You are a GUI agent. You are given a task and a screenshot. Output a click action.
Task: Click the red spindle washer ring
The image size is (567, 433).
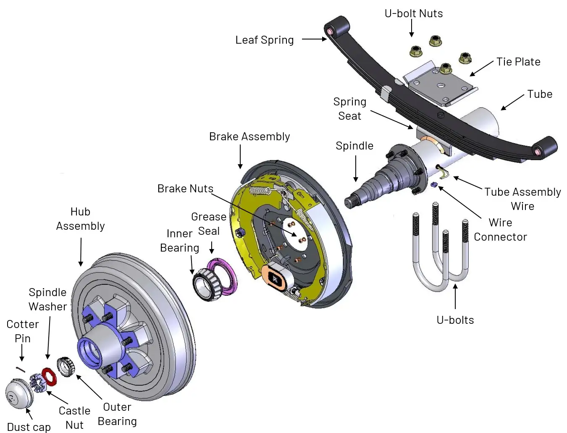click(50, 376)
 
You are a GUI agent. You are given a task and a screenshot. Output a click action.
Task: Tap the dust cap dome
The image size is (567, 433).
click(18, 394)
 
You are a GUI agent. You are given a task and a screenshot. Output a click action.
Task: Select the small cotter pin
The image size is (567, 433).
click(21, 369)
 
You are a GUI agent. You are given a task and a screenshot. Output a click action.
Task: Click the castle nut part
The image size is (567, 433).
click(37, 383)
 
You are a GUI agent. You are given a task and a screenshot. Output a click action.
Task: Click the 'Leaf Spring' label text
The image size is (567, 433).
click(264, 40)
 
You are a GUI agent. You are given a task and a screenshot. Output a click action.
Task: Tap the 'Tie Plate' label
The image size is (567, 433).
click(518, 62)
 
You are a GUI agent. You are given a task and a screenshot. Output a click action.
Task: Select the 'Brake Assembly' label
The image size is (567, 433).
click(249, 136)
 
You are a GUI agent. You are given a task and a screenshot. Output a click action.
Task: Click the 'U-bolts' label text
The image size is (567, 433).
click(455, 320)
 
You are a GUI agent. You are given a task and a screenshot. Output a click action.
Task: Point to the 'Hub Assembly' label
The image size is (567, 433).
click(80, 219)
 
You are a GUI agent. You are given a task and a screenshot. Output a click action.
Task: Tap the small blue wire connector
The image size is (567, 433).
click(434, 185)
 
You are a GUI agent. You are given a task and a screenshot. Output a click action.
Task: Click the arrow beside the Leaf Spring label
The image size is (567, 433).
click(314, 39)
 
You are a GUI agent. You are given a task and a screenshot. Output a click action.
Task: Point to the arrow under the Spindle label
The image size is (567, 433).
click(356, 168)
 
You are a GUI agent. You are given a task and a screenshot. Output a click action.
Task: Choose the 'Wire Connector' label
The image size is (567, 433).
click(500, 230)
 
